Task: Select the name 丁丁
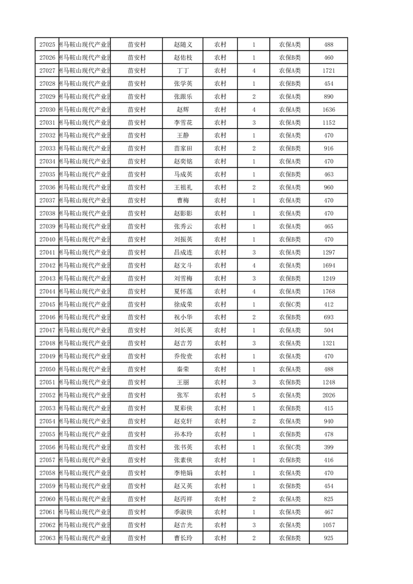click(183, 71)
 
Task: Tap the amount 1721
click(328, 71)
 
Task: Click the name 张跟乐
click(183, 97)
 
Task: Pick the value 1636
click(328, 110)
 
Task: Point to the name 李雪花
click(183, 123)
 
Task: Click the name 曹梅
click(183, 200)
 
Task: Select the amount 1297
click(328, 252)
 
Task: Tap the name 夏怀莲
click(183, 291)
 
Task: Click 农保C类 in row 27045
click(290, 304)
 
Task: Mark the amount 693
click(328, 318)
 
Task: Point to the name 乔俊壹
click(183, 357)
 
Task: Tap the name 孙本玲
click(183, 434)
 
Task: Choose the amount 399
click(328, 447)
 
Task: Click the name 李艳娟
click(183, 473)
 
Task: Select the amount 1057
click(328, 525)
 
